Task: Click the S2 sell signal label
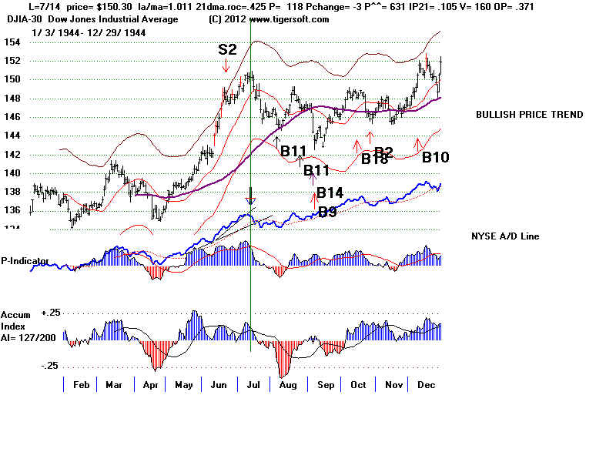[226, 49]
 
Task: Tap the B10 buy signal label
[435, 157]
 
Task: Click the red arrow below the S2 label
[226, 69]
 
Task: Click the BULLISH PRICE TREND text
[529, 115]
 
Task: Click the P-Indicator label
[25, 261]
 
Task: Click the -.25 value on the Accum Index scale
[51, 366]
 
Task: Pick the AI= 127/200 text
[31, 336]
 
